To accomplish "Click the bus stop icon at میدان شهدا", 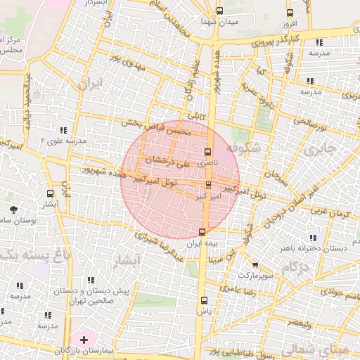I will click(219, 11).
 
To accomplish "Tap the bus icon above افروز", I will click(289, 13).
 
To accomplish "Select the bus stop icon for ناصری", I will click(207, 151).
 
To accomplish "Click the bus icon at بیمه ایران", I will click(203, 231).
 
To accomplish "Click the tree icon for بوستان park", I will click(13, 209).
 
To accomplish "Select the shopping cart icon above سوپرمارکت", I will click(255, 265).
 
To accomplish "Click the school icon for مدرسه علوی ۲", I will click(63, 130).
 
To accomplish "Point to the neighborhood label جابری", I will click(321, 150).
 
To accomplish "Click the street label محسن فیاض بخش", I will click(165, 127).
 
